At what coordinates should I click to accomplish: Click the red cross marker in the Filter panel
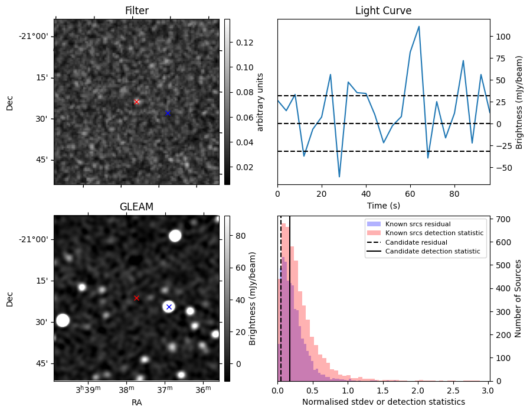click(x=136, y=102)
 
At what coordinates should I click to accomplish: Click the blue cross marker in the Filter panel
click(x=168, y=113)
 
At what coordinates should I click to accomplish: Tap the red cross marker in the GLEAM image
click(x=136, y=298)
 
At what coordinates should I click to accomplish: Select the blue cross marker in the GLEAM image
click(x=169, y=307)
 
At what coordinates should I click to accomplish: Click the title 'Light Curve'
click(x=383, y=11)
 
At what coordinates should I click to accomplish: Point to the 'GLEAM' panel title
click(x=136, y=207)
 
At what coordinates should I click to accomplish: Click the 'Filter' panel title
click(x=136, y=11)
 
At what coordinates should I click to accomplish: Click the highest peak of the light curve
click(x=418, y=27)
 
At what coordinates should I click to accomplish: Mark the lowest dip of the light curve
click(x=339, y=177)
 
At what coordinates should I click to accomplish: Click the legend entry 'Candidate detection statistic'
click(x=434, y=252)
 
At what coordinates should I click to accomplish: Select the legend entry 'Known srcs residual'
click(x=418, y=224)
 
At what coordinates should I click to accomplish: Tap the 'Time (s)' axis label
click(x=383, y=204)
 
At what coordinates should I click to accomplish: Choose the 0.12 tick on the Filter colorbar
click(x=246, y=43)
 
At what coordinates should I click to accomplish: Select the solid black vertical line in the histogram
click(x=290, y=307)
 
